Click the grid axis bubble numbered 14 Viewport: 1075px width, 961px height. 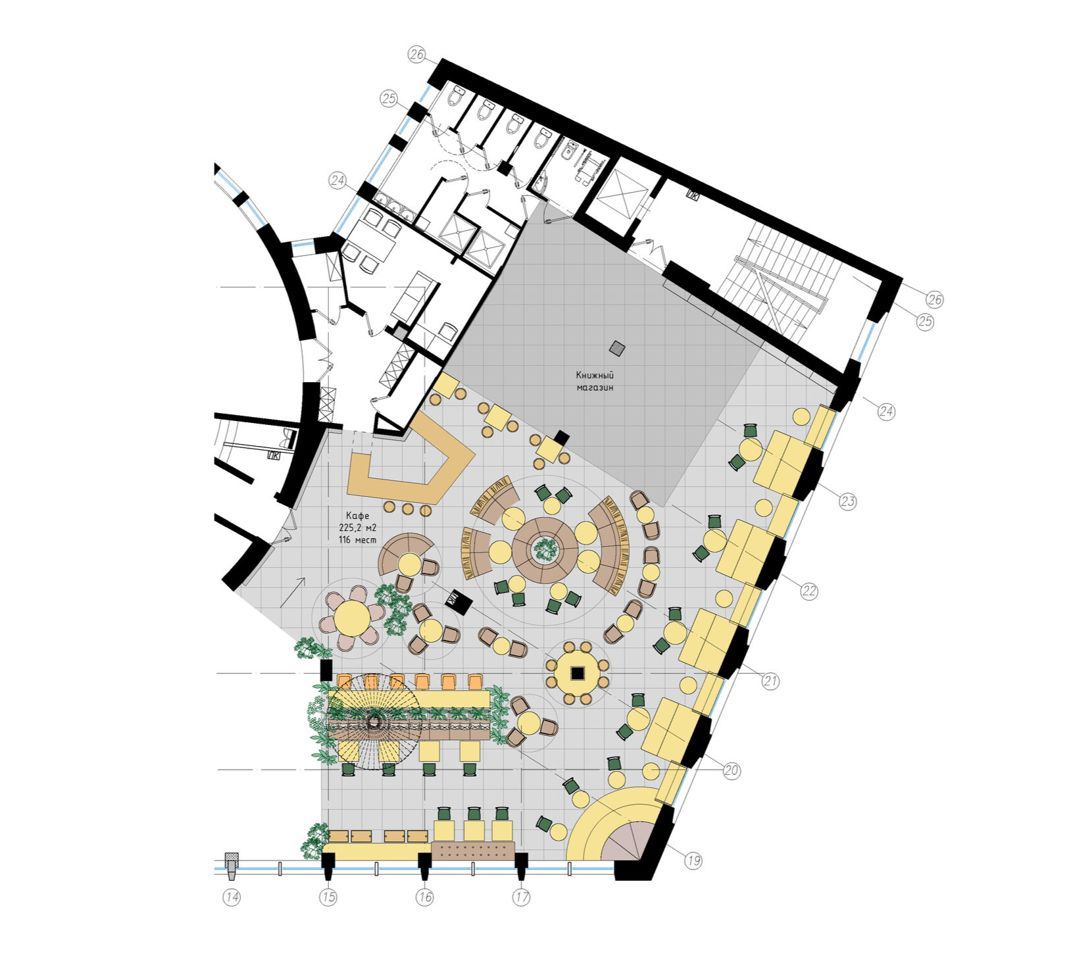pos(232,897)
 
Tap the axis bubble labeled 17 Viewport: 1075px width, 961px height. pos(522,897)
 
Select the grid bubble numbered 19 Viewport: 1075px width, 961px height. pos(693,860)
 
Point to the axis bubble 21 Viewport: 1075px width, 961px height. pos(770,681)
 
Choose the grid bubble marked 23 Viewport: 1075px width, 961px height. pos(847,501)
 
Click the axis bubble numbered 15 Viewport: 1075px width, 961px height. pos(328,897)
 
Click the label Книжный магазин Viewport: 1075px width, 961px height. pos(595,381)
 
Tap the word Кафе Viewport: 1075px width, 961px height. pos(358,515)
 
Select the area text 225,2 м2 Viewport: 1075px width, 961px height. pos(358,528)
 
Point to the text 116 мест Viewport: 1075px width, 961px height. pos(358,539)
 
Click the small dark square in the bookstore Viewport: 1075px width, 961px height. pos(617,347)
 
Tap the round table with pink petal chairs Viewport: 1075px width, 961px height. pos(353,618)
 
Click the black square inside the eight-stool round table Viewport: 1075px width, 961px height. pos(578,673)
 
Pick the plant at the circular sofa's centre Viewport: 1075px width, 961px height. pos(545,549)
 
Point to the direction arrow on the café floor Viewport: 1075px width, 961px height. pos(292,591)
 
